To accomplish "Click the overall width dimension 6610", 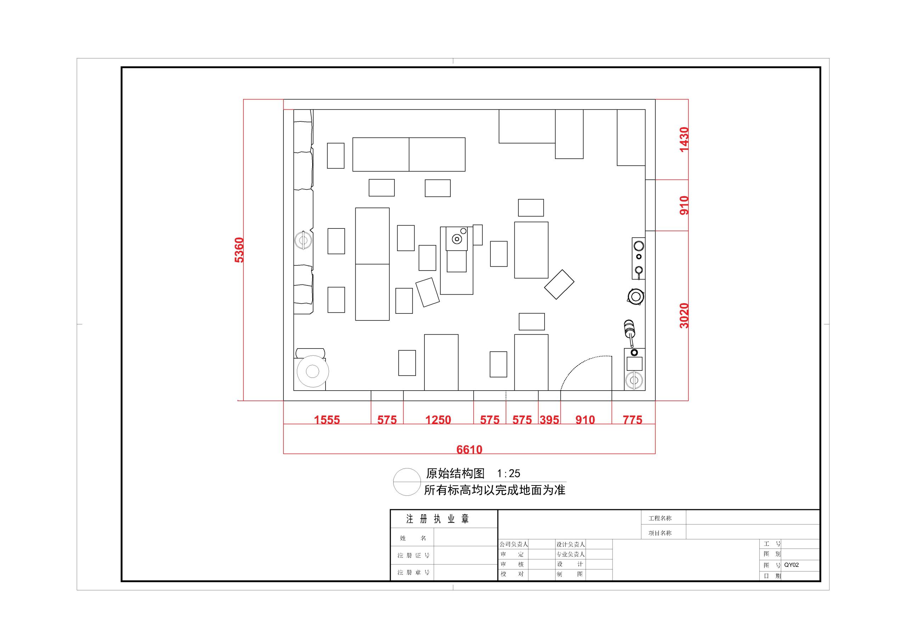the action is pos(469,449).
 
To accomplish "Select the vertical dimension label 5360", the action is pos(240,250).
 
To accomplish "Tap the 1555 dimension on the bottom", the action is pos(327,419).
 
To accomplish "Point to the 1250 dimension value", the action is pos(438,419).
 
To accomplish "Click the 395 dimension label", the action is pos(550,419).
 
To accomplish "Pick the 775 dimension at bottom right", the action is pos(632,419).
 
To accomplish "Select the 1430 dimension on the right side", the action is pos(684,140).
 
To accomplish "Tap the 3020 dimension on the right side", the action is pos(684,316).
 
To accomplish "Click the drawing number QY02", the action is pos(791,565).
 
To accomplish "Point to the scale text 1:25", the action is pos(508,473).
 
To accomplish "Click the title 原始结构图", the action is pos(455,473).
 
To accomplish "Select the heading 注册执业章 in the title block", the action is pos(437,519).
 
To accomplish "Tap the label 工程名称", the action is pos(660,518).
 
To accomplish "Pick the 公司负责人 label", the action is pos(513,544).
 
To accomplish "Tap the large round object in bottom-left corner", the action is pos(312,371).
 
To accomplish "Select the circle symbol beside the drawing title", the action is pos(406,482).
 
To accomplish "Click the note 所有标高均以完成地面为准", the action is pos(495,490).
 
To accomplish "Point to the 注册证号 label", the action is pos(413,556).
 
